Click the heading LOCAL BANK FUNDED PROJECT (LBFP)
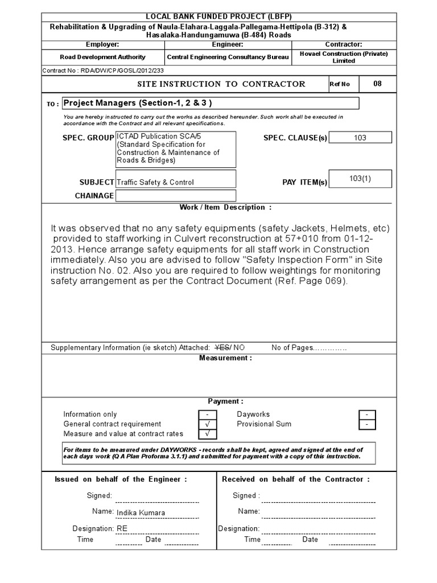click(x=218, y=17)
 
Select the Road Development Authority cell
click(x=103, y=57)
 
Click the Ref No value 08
click(x=377, y=84)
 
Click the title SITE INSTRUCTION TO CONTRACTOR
click(x=221, y=84)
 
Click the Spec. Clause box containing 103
click(x=360, y=138)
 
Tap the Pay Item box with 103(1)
click(x=360, y=179)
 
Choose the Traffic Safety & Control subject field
click(x=175, y=182)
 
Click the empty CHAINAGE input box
click(x=175, y=196)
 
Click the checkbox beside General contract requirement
click(x=208, y=424)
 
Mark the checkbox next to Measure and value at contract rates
click(x=208, y=434)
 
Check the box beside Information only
click(x=208, y=414)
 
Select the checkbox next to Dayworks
click(x=367, y=414)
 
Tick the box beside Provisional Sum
click(x=367, y=425)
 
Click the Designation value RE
click(x=122, y=528)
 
